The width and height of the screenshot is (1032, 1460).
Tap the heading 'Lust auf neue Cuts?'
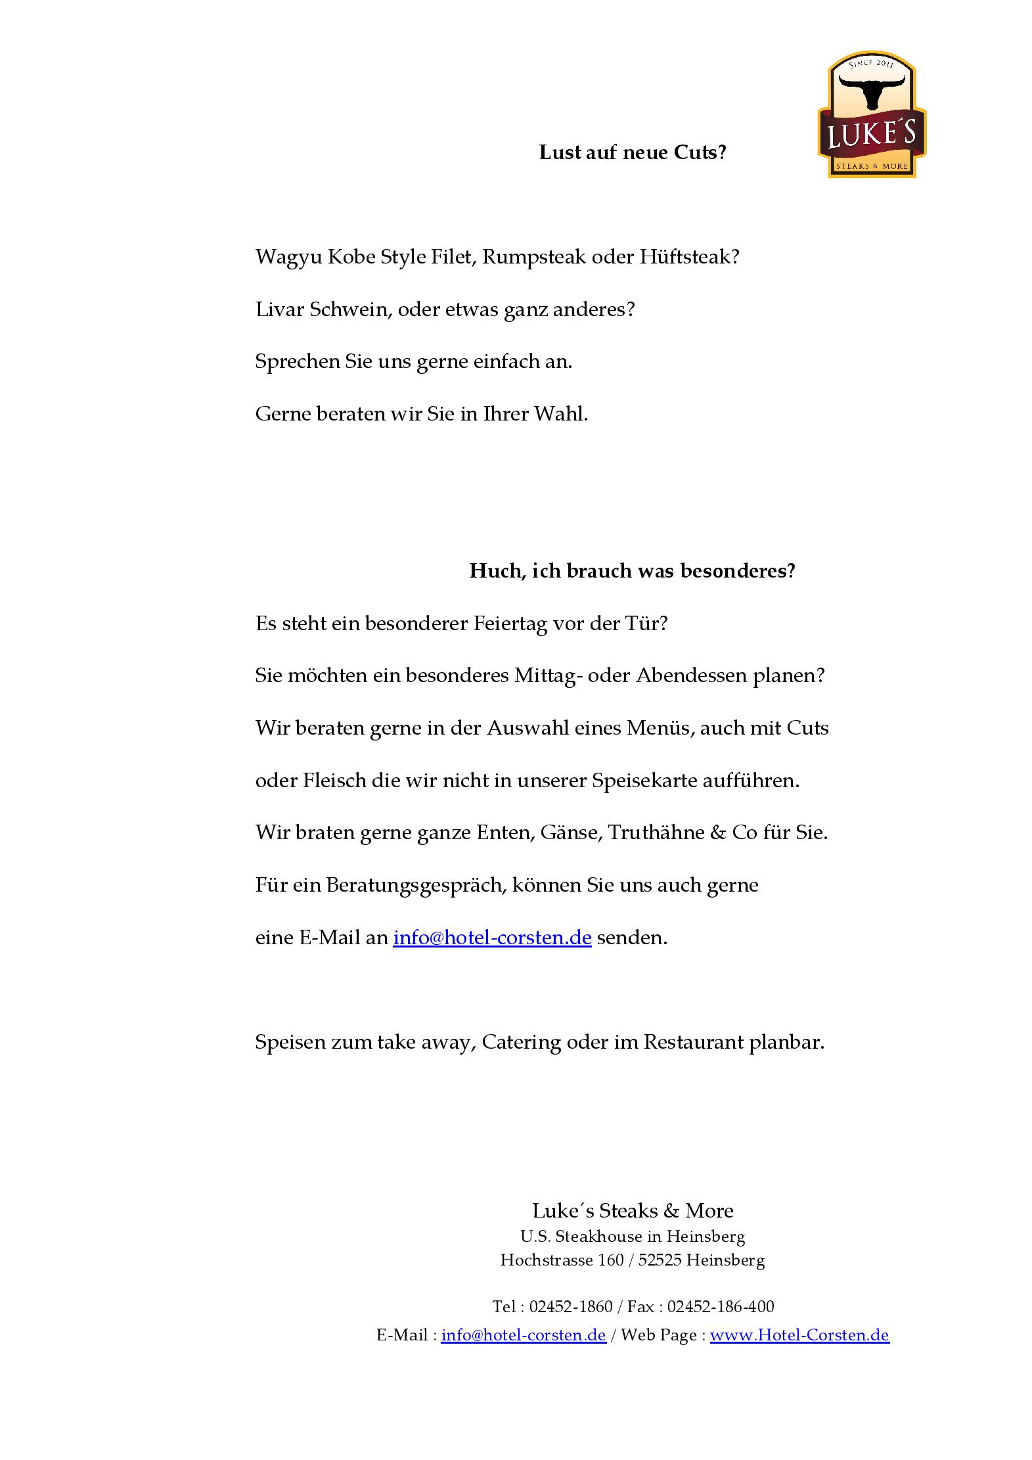(x=633, y=152)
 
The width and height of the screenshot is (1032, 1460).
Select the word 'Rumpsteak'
(x=533, y=257)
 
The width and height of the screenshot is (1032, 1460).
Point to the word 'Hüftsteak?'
(x=690, y=257)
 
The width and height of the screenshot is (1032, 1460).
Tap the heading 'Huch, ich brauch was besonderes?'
(x=632, y=571)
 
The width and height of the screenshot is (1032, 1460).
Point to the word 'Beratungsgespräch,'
(x=416, y=886)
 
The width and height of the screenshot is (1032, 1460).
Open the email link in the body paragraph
(x=492, y=938)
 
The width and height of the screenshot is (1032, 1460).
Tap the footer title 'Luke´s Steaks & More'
(x=633, y=1210)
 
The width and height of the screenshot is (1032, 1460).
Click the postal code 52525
(x=660, y=1260)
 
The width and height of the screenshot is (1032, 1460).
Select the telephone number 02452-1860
(x=570, y=1307)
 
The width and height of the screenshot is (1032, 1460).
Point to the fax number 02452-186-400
(x=721, y=1307)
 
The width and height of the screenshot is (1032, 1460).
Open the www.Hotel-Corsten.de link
(x=799, y=1335)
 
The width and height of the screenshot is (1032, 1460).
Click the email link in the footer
(x=524, y=1335)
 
